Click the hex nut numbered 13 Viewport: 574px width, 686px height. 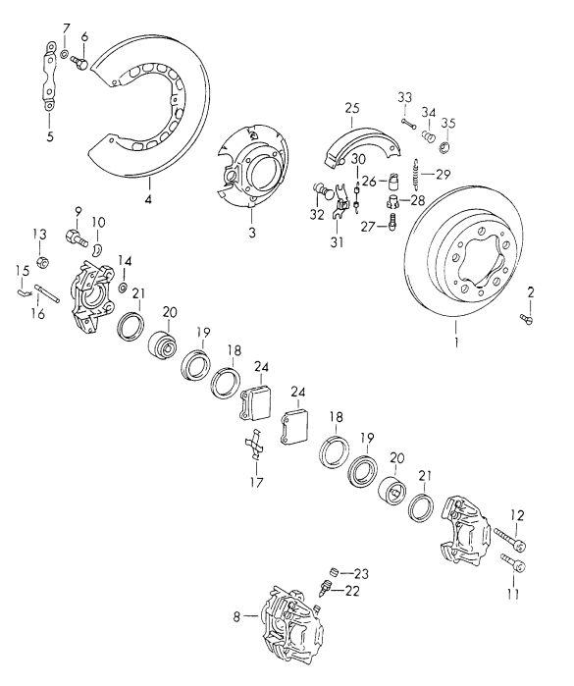point(43,263)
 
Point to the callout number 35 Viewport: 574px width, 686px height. point(449,124)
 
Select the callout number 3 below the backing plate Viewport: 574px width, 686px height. point(251,233)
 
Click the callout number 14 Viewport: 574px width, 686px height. point(125,260)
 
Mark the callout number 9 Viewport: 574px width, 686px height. point(78,211)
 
